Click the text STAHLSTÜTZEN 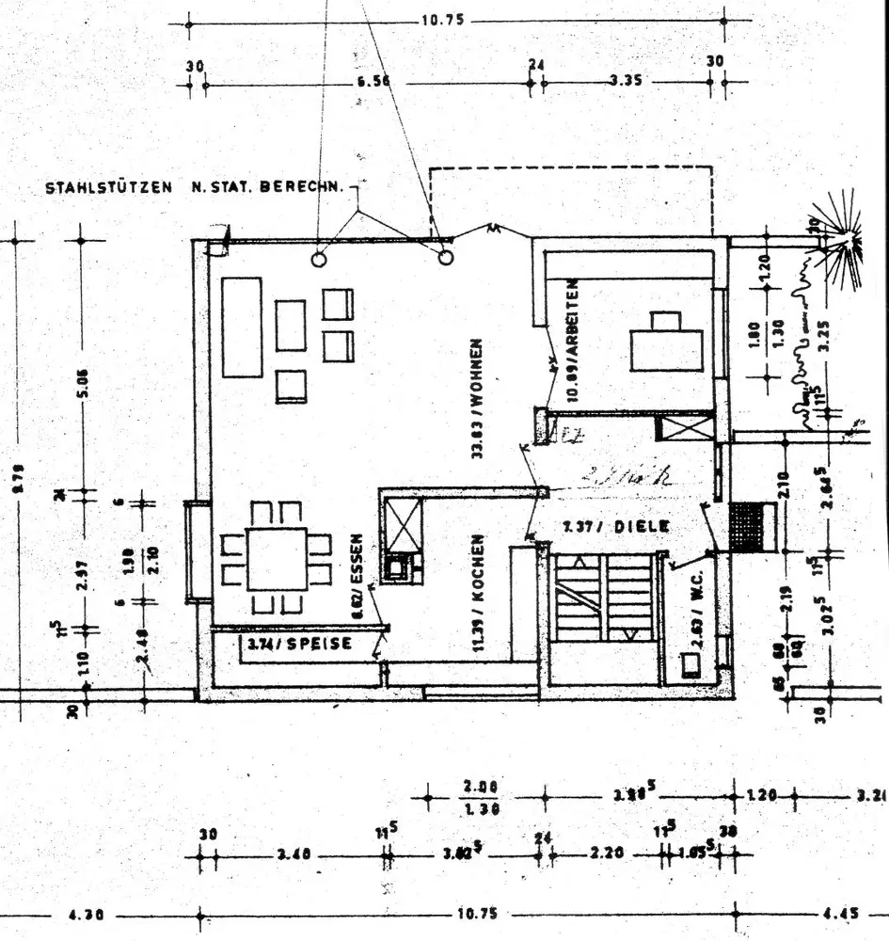click(x=108, y=188)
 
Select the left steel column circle click(x=320, y=256)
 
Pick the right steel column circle click(x=446, y=256)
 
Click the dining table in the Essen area click(x=277, y=559)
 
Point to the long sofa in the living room click(x=242, y=327)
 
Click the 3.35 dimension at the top click(x=625, y=82)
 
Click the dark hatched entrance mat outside click(x=750, y=527)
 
